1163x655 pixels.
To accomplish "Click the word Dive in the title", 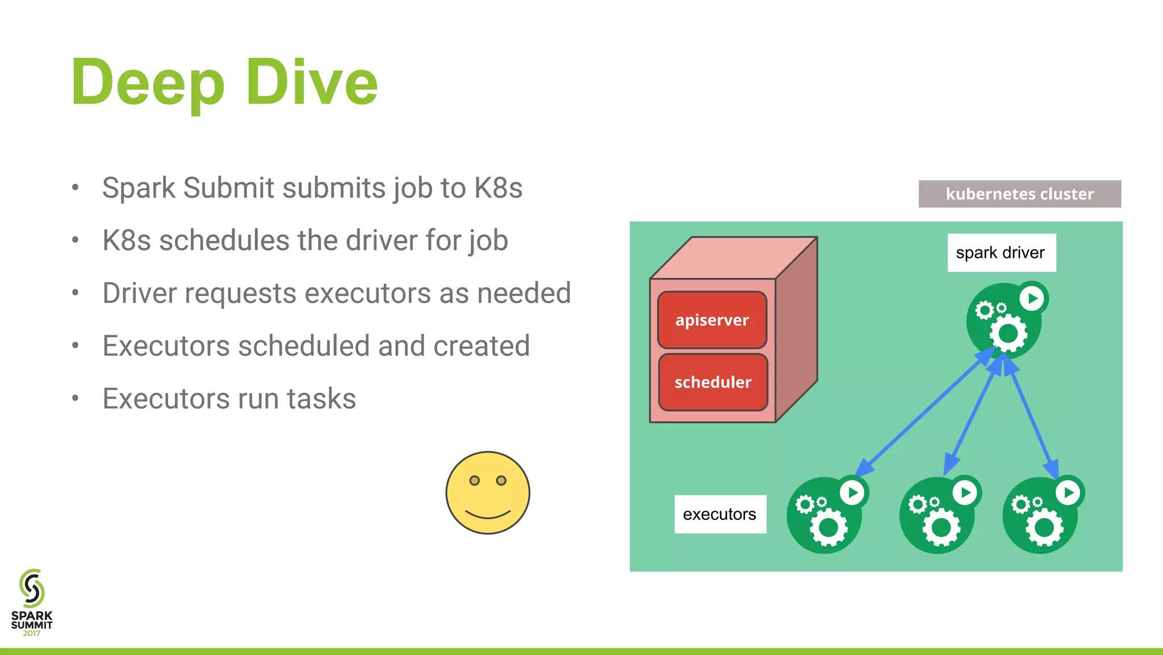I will [x=312, y=83].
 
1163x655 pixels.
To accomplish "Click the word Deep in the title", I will [x=148, y=83].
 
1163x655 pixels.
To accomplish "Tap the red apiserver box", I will [x=712, y=320].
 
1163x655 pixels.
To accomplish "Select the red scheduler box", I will [x=713, y=382].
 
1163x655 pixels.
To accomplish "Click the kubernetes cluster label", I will [x=1019, y=194].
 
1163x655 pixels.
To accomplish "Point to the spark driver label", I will [x=1001, y=253].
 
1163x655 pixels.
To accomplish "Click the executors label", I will [x=719, y=514].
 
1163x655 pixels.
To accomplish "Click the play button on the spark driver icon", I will [x=1032, y=298].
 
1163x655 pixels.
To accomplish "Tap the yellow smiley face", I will [x=488, y=493].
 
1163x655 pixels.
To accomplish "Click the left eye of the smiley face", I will [x=475, y=481].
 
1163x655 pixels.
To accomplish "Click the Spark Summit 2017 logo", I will [x=32, y=602].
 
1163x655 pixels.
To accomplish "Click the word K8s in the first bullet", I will [x=498, y=188].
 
